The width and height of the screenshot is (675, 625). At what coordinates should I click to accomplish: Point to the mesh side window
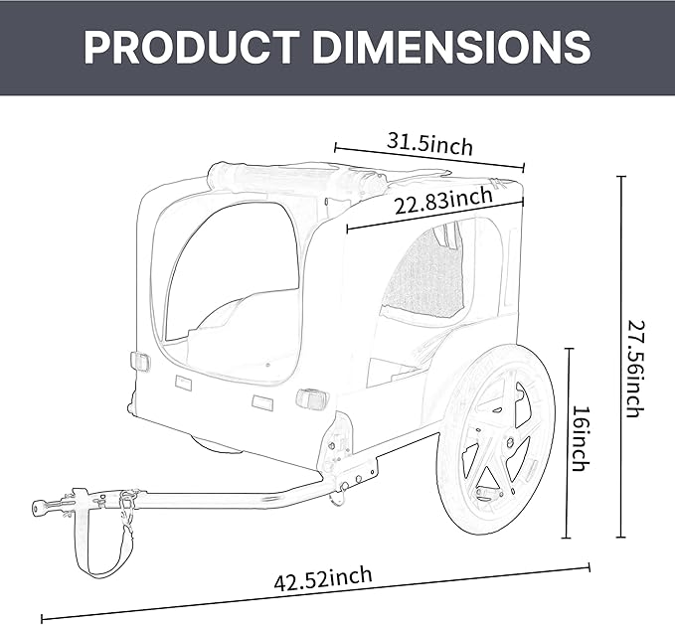pyautogui.click(x=424, y=273)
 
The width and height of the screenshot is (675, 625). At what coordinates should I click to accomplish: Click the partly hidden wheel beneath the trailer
pyautogui.click(x=219, y=444)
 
